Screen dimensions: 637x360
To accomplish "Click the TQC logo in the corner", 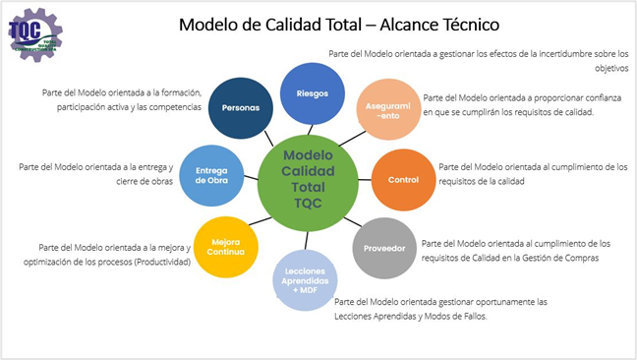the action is coord(35,36).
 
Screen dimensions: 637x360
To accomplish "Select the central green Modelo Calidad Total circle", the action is coord(307,178).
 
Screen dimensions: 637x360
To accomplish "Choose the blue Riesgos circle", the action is coord(311,93).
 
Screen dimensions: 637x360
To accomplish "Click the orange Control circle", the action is coord(403,180).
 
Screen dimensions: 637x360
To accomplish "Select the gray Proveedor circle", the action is coord(383,248).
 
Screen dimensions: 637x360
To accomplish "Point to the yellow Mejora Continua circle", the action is coord(227,245).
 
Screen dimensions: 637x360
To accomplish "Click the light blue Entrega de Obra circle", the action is coord(211,177).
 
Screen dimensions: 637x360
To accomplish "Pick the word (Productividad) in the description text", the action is coord(161,263).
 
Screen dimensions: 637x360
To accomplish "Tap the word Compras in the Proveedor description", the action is coord(579,258).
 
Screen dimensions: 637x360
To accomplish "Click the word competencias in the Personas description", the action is coord(176,106).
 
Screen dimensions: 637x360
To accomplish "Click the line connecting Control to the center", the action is coord(362,179).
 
